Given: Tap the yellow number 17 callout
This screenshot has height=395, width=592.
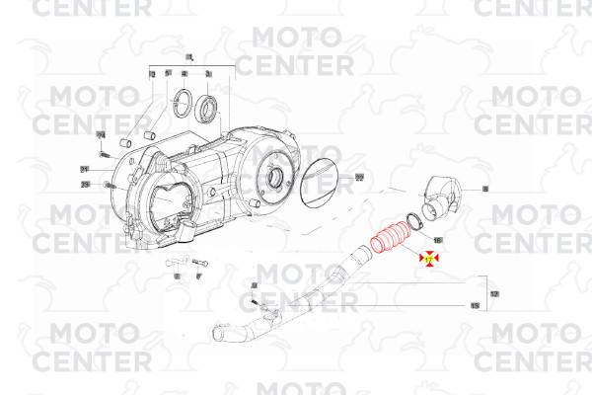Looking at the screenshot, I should [x=430, y=259].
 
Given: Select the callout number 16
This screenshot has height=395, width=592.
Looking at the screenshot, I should [x=438, y=240].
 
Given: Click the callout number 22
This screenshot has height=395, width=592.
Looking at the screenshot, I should [x=359, y=178].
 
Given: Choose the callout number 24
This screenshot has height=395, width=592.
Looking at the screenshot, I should [x=100, y=134].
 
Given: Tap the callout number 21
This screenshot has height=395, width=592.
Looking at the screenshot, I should [x=85, y=169].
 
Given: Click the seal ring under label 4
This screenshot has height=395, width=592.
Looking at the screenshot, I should [x=181, y=99].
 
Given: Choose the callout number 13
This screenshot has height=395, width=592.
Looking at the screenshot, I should [x=475, y=306].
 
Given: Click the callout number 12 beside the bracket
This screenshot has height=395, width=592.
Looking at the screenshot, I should [x=494, y=294].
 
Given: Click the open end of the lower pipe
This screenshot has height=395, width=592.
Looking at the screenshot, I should [x=218, y=333].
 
